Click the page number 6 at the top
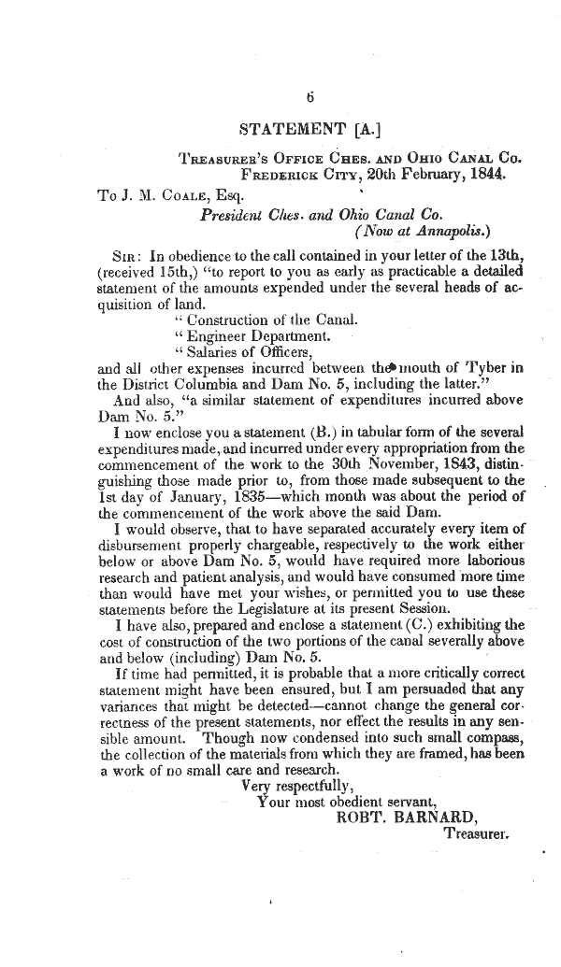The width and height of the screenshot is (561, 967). (x=310, y=97)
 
